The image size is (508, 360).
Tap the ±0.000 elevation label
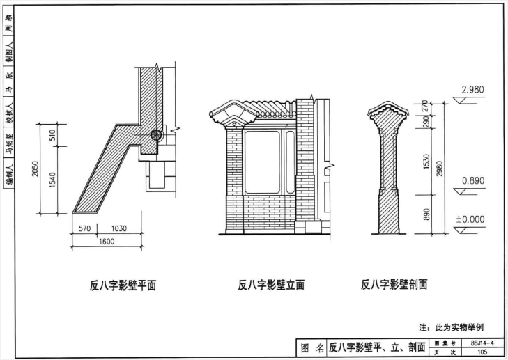coord(469,219)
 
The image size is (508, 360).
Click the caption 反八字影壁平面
coord(122,285)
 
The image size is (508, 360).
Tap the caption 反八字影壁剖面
coord(394,284)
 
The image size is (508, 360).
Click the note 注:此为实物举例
coord(451,327)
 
